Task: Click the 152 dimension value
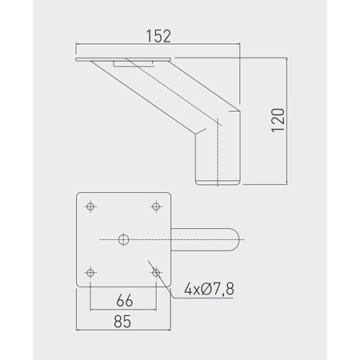click(x=158, y=36)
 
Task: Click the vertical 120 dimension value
click(x=278, y=120)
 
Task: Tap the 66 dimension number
click(x=125, y=301)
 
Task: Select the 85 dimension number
click(x=122, y=322)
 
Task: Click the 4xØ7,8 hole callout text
click(x=210, y=289)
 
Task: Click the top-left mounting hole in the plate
click(x=90, y=206)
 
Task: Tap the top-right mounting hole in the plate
click(x=156, y=206)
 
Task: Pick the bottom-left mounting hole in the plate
click(x=90, y=273)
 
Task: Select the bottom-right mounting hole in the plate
click(x=156, y=273)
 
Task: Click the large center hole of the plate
click(x=123, y=239)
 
